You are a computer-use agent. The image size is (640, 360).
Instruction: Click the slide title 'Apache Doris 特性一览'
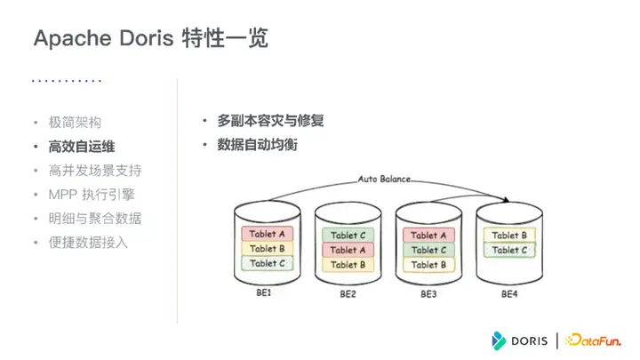150,38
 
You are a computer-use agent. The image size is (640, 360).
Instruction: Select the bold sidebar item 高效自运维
82,147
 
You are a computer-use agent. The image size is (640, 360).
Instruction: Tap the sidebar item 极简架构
75,123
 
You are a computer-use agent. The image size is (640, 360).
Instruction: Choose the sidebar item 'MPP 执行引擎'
92,195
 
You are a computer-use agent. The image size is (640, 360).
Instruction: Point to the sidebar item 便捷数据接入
88,243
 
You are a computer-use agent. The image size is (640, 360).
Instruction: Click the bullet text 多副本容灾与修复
270,121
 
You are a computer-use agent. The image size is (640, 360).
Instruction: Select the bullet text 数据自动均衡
257,145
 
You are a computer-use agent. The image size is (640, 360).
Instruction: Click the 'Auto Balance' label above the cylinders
384,179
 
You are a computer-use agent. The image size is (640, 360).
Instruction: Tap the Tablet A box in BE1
267,234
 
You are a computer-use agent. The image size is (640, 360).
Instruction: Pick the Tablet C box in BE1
267,263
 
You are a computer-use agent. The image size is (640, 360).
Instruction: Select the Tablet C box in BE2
348,235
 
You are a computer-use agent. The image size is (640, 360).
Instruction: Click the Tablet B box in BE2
348,265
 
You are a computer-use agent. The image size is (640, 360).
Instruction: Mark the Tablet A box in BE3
428,235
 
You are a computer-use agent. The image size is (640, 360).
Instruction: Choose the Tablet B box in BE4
509,235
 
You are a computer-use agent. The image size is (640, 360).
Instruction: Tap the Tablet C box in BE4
509,250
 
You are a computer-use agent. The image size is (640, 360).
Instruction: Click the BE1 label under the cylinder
264,292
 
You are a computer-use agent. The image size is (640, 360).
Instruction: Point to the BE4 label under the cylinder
509,294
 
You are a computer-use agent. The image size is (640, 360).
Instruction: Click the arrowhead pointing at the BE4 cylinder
507,200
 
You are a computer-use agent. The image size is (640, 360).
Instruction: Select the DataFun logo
593,340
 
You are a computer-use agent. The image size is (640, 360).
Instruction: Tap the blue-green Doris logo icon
499,340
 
